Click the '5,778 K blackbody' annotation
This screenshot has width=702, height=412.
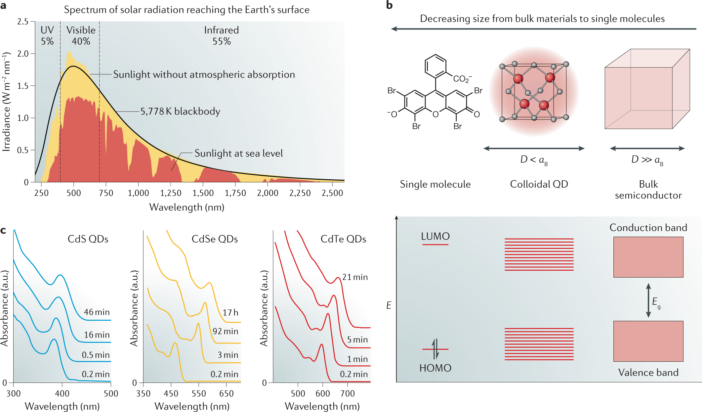(x=180, y=112)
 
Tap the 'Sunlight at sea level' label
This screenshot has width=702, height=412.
(x=238, y=154)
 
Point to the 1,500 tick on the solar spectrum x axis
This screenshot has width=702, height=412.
(x=203, y=193)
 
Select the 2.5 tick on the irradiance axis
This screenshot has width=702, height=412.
(x=23, y=22)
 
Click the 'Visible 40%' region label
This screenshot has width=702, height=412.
(x=81, y=35)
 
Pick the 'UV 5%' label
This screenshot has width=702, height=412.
(x=47, y=35)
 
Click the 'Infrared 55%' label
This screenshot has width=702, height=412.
(x=222, y=35)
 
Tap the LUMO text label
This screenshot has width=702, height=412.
(x=435, y=236)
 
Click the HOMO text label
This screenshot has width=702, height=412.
(x=435, y=368)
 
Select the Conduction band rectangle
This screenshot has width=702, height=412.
(x=648, y=257)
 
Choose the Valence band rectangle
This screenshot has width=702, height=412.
(x=648, y=341)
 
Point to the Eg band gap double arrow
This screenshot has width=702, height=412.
(x=648, y=300)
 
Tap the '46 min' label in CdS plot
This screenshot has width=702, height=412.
(x=97, y=312)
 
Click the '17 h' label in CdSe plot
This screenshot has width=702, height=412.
(x=230, y=313)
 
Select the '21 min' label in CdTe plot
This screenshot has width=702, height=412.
(x=355, y=277)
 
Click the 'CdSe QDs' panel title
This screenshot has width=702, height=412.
(x=215, y=239)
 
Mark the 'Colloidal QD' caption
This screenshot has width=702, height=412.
(x=539, y=184)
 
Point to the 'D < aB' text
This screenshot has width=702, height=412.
(x=534, y=160)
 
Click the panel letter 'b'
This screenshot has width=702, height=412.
(x=389, y=5)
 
